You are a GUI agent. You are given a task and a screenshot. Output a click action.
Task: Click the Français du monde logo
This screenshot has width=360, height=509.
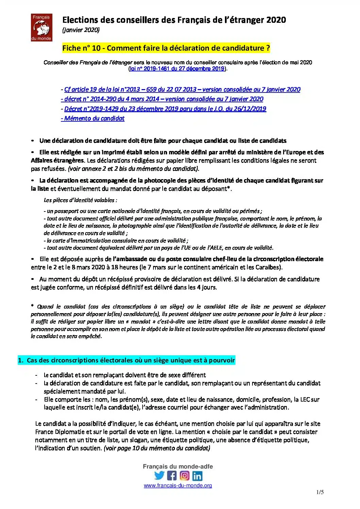[42, 28]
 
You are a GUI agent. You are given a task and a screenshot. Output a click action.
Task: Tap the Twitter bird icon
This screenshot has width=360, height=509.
[159, 476]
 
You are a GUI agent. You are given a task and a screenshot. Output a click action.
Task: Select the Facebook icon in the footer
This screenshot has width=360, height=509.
[172, 476]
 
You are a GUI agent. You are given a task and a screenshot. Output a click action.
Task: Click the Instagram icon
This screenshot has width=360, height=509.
[184, 476]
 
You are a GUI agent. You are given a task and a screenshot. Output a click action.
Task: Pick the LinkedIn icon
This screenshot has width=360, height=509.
[197, 476]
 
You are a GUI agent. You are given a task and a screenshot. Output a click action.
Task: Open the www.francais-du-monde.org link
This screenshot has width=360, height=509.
[178, 486]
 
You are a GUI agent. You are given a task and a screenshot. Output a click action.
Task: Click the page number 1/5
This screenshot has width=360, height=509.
[320, 492]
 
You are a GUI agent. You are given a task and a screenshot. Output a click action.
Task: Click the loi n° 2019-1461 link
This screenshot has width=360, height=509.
[177, 68]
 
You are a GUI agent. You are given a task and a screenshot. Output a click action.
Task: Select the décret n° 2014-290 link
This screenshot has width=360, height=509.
[162, 99]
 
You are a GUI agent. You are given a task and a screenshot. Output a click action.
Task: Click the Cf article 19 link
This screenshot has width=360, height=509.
[181, 89]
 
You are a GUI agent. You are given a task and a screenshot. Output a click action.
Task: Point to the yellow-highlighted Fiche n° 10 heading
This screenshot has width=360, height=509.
[166, 48]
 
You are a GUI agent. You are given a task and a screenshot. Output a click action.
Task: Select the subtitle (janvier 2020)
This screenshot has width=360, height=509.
[81, 30]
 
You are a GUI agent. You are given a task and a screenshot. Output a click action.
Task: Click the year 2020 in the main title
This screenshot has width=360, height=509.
[276, 20]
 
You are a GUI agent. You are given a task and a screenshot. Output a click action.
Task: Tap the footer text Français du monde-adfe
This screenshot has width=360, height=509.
[178, 466]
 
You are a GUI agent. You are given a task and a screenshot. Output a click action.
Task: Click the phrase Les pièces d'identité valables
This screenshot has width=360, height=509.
[80, 200]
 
